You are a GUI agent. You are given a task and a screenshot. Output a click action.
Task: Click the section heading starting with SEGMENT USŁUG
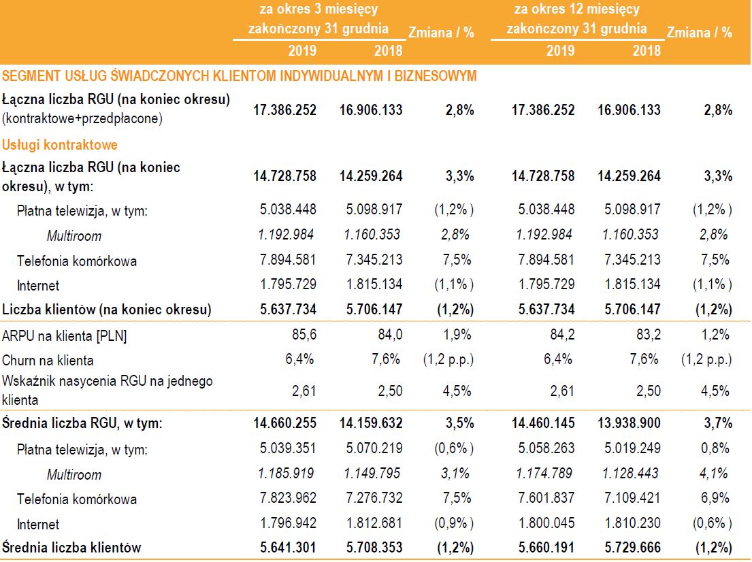[239, 76]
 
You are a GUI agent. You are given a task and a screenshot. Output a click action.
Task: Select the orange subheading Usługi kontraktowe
[60, 145]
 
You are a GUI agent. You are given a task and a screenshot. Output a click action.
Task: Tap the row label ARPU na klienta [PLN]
[65, 335]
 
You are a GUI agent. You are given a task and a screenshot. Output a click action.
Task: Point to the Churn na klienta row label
[48, 360]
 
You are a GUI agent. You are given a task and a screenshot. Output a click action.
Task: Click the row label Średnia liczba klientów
[71, 547]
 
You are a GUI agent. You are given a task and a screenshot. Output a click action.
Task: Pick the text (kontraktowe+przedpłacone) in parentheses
[82, 118]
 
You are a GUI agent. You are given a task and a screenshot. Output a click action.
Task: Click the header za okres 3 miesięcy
[318, 10]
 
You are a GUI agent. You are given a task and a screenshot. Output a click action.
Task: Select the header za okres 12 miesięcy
[576, 10]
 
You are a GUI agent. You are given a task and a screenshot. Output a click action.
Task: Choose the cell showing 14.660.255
[284, 423]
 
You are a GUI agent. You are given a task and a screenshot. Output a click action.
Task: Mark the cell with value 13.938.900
[629, 423]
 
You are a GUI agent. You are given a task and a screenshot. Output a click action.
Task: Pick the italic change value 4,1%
[715, 474]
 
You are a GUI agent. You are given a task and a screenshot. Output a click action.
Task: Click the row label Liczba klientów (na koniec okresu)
[107, 310]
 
